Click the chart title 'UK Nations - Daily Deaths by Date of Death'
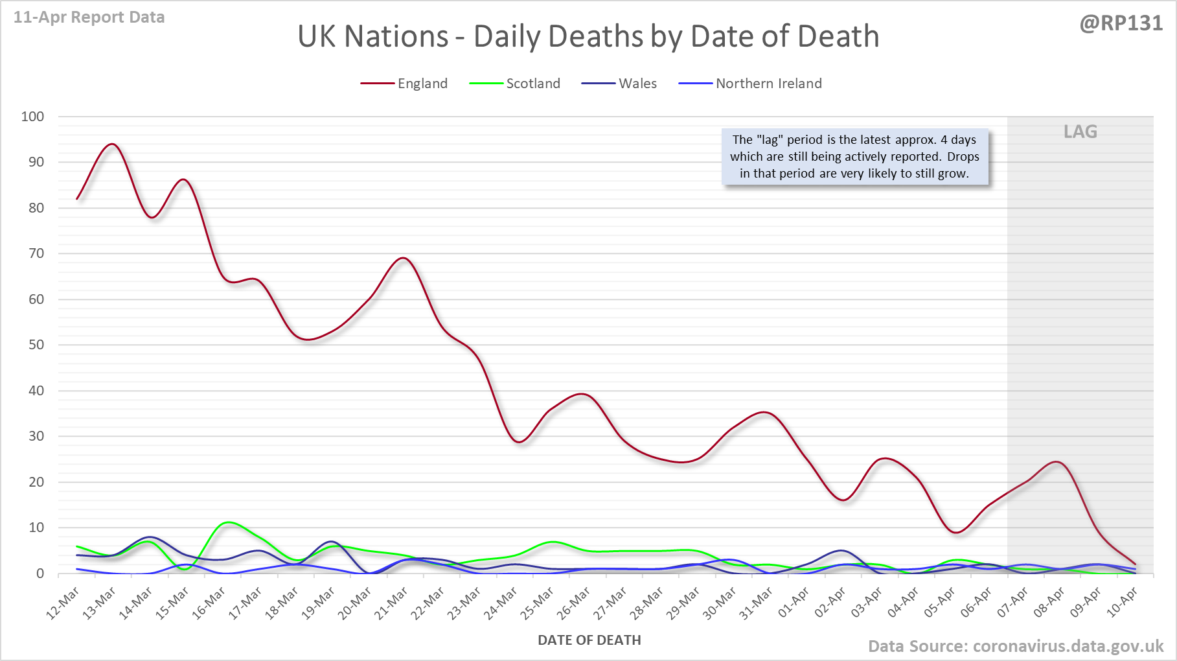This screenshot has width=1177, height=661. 588,36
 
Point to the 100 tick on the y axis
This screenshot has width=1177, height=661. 32,117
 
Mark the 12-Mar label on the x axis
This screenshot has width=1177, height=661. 63,603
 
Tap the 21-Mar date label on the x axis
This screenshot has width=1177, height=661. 392,603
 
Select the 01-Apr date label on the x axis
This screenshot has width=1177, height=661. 794,603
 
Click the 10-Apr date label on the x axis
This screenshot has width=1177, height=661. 1123,603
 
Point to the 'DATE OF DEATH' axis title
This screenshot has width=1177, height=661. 589,640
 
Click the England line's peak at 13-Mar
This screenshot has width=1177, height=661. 113,144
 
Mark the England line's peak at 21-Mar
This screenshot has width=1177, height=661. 404,258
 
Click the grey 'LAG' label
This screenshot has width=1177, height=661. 1080,132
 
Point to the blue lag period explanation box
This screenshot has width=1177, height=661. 854,157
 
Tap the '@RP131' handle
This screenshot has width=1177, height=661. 1121,23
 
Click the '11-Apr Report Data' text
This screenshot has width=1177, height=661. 89,17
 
